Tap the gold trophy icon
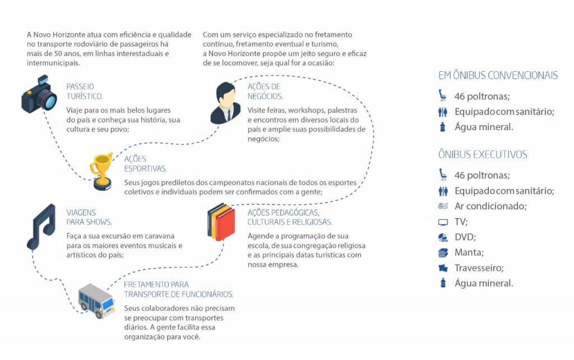pyautogui.click(x=102, y=171)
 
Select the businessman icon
pyautogui.click(x=225, y=103)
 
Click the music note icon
pyautogui.click(x=41, y=227)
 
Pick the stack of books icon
pyautogui.click(x=221, y=222)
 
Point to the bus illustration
pyautogui.click(x=96, y=301)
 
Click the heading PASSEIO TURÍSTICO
pyautogui.click(x=85, y=91)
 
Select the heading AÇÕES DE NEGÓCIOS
pyautogui.click(x=265, y=91)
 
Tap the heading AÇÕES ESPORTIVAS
pyautogui.click(x=145, y=164)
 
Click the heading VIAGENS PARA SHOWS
pyautogui.click(x=89, y=217)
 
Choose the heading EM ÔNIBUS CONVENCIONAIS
pyautogui.click(x=498, y=76)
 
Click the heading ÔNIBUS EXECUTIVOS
pyautogui.click(x=483, y=155)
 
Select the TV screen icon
pyautogui.click(x=443, y=222)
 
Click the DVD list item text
pyautogui.click(x=465, y=237)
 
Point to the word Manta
pyautogui.click(x=469, y=252)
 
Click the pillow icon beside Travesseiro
pyautogui.click(x=443, y=268)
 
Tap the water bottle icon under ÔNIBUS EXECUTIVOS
pyautogui.click(x=443, y=283)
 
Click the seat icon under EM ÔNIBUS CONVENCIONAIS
pyautogui.click(x=443, y=95)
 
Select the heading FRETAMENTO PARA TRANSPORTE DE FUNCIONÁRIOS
pyautogui.click(x=179, y=289)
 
